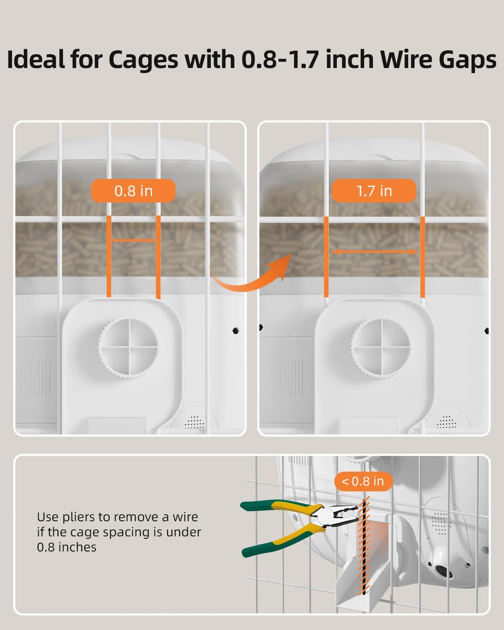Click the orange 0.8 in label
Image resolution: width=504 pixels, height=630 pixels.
pos(133,191)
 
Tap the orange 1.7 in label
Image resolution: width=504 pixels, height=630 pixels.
pos(374,191)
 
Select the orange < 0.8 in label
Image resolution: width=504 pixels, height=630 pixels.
pos(363,481)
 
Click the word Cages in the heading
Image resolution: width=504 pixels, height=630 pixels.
pos(144,60)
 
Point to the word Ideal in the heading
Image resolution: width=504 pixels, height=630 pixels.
pos(35,60)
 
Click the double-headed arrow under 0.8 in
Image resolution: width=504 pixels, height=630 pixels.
pos(133,240)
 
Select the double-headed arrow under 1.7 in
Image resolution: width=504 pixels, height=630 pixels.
pos(374,252)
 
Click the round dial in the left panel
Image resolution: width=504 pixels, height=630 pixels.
pos(129,348)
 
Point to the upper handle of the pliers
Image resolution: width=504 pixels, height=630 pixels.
pos(277,506)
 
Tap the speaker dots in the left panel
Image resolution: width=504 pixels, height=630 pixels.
pos(194,422)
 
